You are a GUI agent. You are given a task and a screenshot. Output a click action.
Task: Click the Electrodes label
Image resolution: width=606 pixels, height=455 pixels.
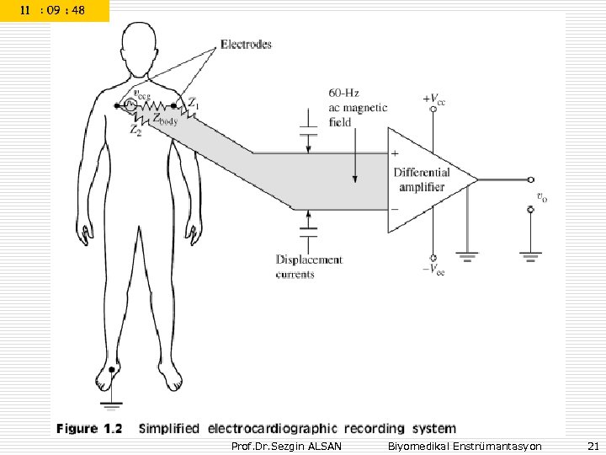(x=246, y=45)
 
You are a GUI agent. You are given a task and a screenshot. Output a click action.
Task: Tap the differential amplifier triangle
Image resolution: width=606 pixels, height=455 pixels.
(x=425, y=179)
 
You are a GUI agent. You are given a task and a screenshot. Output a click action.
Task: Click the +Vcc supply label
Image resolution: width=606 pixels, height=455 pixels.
(x=434, y=98)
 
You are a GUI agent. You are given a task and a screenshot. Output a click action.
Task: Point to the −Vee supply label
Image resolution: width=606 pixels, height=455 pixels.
(x=434, y=270)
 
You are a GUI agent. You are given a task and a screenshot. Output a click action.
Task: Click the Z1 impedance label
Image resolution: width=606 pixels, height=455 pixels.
(x=194, y=104)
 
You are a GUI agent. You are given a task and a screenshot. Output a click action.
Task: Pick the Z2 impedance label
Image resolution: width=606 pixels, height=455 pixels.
(x=136, y=131)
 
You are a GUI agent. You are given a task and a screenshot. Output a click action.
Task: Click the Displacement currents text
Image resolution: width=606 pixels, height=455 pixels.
(x=309, y=266)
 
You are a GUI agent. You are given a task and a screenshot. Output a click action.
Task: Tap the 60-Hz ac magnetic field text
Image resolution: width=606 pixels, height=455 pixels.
(x=358, y=108)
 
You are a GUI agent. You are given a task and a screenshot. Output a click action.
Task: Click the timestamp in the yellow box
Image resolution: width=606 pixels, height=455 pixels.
(x=54, y=11)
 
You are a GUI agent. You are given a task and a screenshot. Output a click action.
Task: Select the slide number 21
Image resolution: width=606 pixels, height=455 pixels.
(x=592, y=445)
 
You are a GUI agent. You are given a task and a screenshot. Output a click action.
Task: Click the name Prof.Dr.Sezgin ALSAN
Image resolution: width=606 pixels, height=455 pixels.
(x=286, y=445)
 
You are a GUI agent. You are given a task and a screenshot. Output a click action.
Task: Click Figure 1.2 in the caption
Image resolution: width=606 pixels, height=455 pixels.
(x=89, y=429)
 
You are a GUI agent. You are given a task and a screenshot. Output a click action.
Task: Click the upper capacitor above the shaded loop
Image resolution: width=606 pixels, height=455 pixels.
(x=309, y=132)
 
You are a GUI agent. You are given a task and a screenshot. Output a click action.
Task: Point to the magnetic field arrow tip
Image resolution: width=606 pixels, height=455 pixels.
(x=356, y=180)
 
